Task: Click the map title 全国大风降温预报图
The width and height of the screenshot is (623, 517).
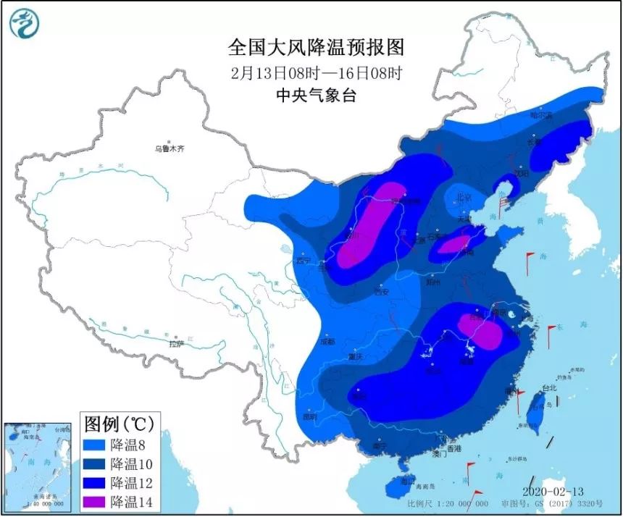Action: coord(316,48)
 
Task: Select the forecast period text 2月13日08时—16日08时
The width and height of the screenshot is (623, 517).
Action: coord(317,72)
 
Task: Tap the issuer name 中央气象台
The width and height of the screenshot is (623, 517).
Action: coord(317,95)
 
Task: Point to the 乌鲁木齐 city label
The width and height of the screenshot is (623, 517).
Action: coord(169,148)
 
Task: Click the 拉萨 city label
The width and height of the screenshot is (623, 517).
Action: coord(177,344)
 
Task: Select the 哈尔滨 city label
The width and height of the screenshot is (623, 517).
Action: coord(540,115)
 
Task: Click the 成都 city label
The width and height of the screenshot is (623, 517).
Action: coord(328,341)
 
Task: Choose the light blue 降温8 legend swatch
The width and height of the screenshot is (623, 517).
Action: coord(94,444)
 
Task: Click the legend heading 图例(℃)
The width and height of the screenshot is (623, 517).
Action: coord(117,423)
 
